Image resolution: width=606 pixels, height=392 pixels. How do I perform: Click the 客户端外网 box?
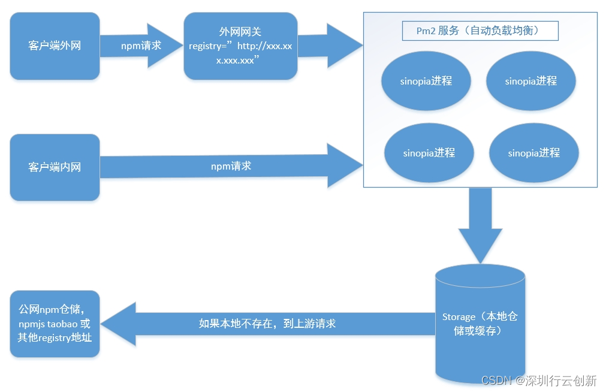point(55,46)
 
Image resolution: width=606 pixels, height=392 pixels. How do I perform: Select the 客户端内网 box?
point(55,167)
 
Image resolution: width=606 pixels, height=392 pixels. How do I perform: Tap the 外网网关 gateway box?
point(240,46)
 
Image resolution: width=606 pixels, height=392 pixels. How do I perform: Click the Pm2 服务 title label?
point(480,31)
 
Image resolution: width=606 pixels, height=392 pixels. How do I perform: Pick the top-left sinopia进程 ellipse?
point(426,81)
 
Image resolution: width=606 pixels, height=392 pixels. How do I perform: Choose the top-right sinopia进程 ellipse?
point(530,81)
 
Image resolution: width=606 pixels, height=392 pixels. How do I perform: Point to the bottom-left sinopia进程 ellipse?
point(429,153)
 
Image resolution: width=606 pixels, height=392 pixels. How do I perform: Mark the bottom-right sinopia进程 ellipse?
point(533,153)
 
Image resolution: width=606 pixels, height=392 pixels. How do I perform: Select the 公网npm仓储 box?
point(55,324)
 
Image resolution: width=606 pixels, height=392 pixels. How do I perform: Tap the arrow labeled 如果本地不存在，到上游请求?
point(267,324)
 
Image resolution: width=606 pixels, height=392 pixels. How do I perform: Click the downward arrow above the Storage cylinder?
point(480,225)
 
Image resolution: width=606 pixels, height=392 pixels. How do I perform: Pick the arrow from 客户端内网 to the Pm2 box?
point(231,166)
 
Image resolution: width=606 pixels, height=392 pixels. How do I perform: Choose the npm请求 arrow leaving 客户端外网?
point(141,46)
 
